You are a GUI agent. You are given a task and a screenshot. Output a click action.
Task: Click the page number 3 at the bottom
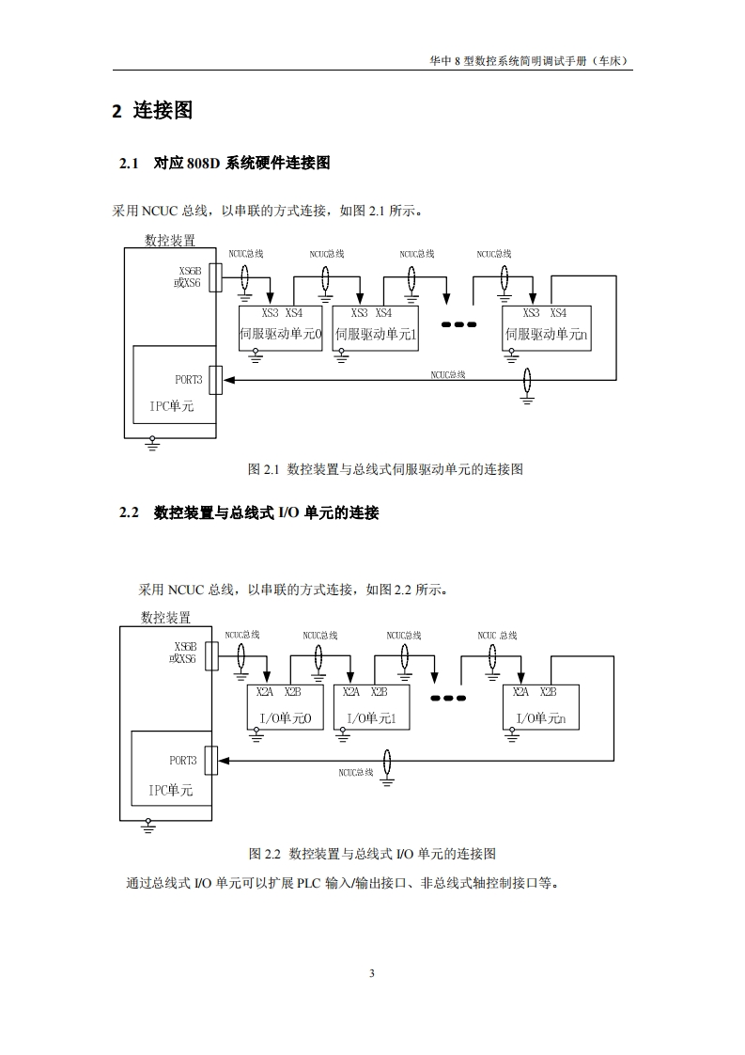point(372,973)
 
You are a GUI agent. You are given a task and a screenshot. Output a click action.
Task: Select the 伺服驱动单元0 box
point(281,328)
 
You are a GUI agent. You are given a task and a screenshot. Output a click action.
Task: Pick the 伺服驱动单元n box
point(546,328)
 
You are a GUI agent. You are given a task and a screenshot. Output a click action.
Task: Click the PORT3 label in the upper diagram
point(188,380)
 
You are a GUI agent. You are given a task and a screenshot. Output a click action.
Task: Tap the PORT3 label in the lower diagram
point(183,761)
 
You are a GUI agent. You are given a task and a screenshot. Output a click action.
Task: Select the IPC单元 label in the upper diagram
point(172,406)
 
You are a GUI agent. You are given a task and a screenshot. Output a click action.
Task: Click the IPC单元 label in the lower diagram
point(170,791)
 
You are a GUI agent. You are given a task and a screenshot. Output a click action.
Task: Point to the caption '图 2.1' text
point(384,468)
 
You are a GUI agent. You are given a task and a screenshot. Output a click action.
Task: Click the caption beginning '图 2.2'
point(372,854)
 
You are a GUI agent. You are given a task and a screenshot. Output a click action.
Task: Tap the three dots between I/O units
point(448,698)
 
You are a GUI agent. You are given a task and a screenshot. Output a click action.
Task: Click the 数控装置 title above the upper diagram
point(170,241)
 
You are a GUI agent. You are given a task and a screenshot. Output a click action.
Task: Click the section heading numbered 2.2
point(249,513)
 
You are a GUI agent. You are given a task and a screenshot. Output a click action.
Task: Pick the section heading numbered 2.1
point(225,164)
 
